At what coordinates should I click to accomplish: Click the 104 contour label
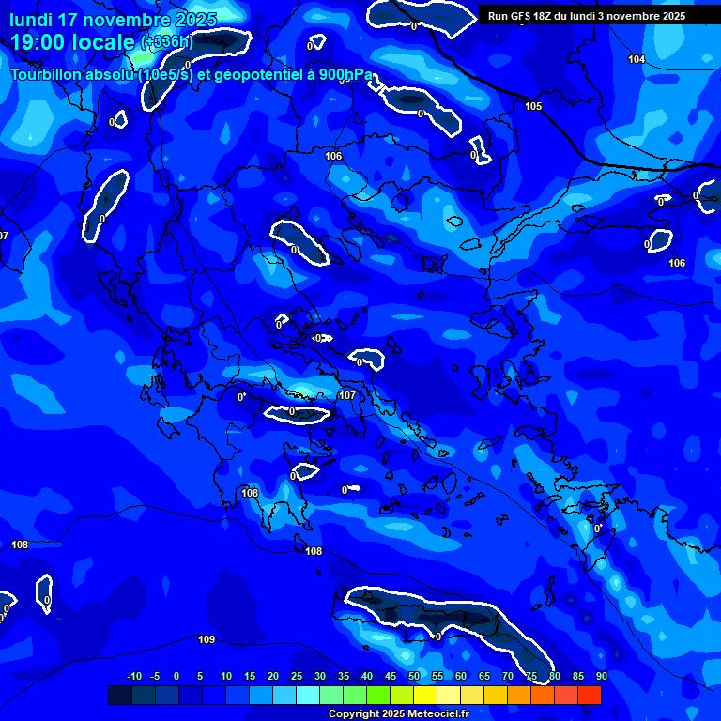637,59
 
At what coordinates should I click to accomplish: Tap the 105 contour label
533,106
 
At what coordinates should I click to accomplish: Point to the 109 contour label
207,639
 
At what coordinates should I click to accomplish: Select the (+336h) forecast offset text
167,42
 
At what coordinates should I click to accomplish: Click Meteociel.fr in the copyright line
430,714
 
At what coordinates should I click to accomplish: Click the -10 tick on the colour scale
133,676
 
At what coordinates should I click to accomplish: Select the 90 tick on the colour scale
601,676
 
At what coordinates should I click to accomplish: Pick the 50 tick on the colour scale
414,676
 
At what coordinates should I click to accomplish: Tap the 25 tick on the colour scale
297,676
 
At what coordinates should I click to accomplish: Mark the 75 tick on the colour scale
531,676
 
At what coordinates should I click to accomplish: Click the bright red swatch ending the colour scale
590,695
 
